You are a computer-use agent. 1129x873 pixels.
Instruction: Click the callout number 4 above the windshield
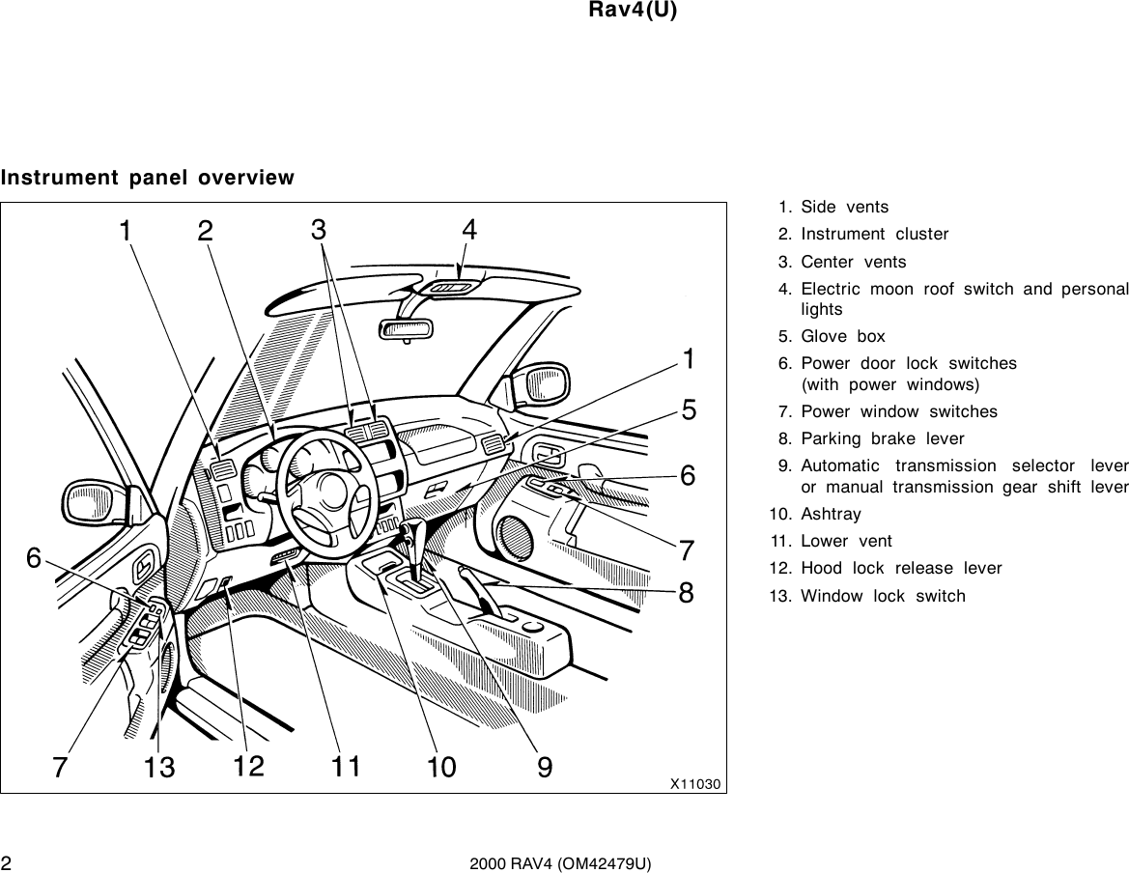468,230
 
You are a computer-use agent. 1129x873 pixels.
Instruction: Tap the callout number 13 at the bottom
159,768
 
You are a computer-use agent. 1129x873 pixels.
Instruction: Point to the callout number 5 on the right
689,411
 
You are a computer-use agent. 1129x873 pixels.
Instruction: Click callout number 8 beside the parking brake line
686,592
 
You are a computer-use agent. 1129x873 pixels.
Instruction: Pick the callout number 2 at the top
205,232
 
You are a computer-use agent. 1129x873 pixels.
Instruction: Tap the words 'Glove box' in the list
829,336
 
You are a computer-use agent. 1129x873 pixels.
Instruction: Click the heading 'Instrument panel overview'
148,178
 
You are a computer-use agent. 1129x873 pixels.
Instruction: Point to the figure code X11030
696,783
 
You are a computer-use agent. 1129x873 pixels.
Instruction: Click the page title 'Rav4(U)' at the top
633,11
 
